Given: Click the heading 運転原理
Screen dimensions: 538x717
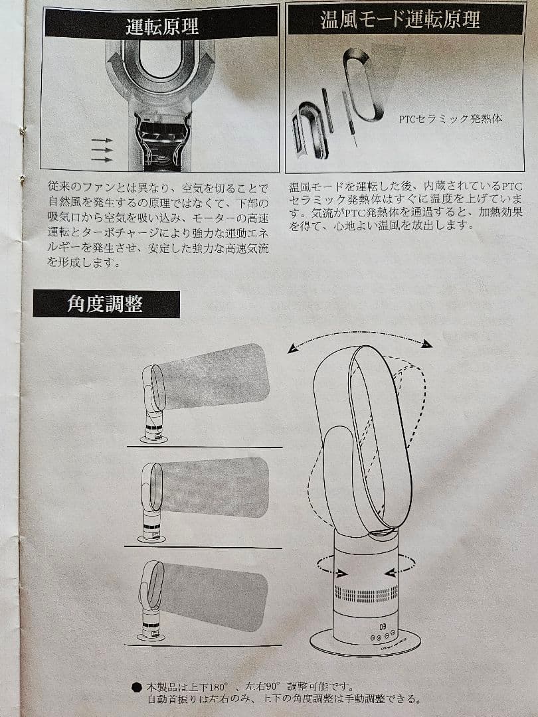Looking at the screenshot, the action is tap(161, 27).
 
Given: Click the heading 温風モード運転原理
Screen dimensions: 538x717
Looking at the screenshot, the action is tap(399, 20).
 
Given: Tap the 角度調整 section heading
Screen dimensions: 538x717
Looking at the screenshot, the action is tap(105, 303).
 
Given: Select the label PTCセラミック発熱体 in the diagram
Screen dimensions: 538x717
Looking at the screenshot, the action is tap(450, 119).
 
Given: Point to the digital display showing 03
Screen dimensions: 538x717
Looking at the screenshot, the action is tap(383, 626).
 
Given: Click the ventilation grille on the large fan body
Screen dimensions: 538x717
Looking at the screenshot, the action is tap(366, 594).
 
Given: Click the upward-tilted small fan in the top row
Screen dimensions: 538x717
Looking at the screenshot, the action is tap(153, 404).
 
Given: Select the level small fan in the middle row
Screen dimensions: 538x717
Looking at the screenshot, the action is tap(151, 503).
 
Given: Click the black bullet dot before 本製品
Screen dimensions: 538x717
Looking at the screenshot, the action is tap(136, 687).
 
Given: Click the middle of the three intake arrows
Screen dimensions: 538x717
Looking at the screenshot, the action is tap(102, 150).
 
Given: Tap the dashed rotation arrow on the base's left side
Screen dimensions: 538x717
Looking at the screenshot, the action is tap(331, 567).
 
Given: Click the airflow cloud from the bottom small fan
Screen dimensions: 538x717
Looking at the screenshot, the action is tap(214, 596).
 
